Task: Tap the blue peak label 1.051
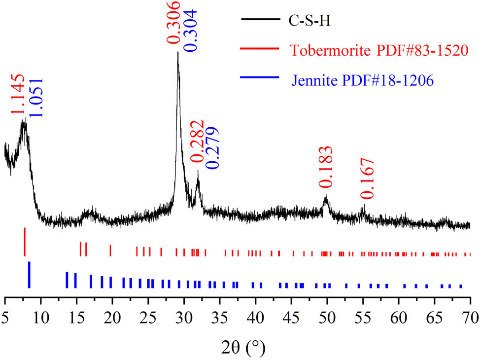click(35, 97)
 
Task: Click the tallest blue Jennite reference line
click(29, 275)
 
